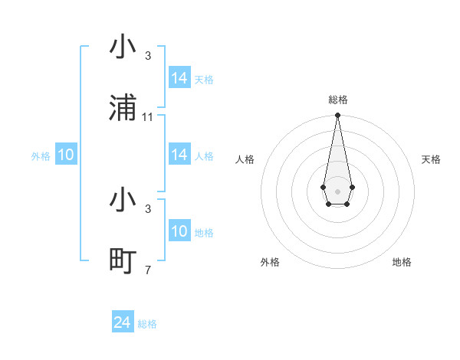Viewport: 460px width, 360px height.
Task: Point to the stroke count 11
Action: coord(148,116)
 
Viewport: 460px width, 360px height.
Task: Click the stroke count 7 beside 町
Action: coord(148,270)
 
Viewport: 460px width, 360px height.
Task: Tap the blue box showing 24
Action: coord(123,323)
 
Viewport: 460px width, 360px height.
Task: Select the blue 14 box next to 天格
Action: coord(179,78)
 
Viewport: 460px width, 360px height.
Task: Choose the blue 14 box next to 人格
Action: coord(179,155)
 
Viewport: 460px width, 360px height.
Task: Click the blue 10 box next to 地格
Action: coord(179,231)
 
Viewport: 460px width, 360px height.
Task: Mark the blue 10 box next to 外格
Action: coord(66,155)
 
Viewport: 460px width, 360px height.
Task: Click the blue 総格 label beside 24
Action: coord(147,324)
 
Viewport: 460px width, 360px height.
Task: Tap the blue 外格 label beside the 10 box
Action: coord(41,156)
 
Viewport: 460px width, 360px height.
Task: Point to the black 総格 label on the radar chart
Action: coord(337,100)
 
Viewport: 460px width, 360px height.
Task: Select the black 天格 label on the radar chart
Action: coord(431,159)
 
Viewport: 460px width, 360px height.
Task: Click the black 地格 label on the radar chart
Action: coord(402,262)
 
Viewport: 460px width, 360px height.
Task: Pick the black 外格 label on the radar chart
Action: coord(270,262)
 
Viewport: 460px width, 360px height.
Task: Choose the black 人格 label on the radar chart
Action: coord(245,159)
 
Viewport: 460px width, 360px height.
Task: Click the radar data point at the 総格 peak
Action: coord(337,116)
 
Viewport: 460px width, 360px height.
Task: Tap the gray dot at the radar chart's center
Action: coord(337,191)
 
